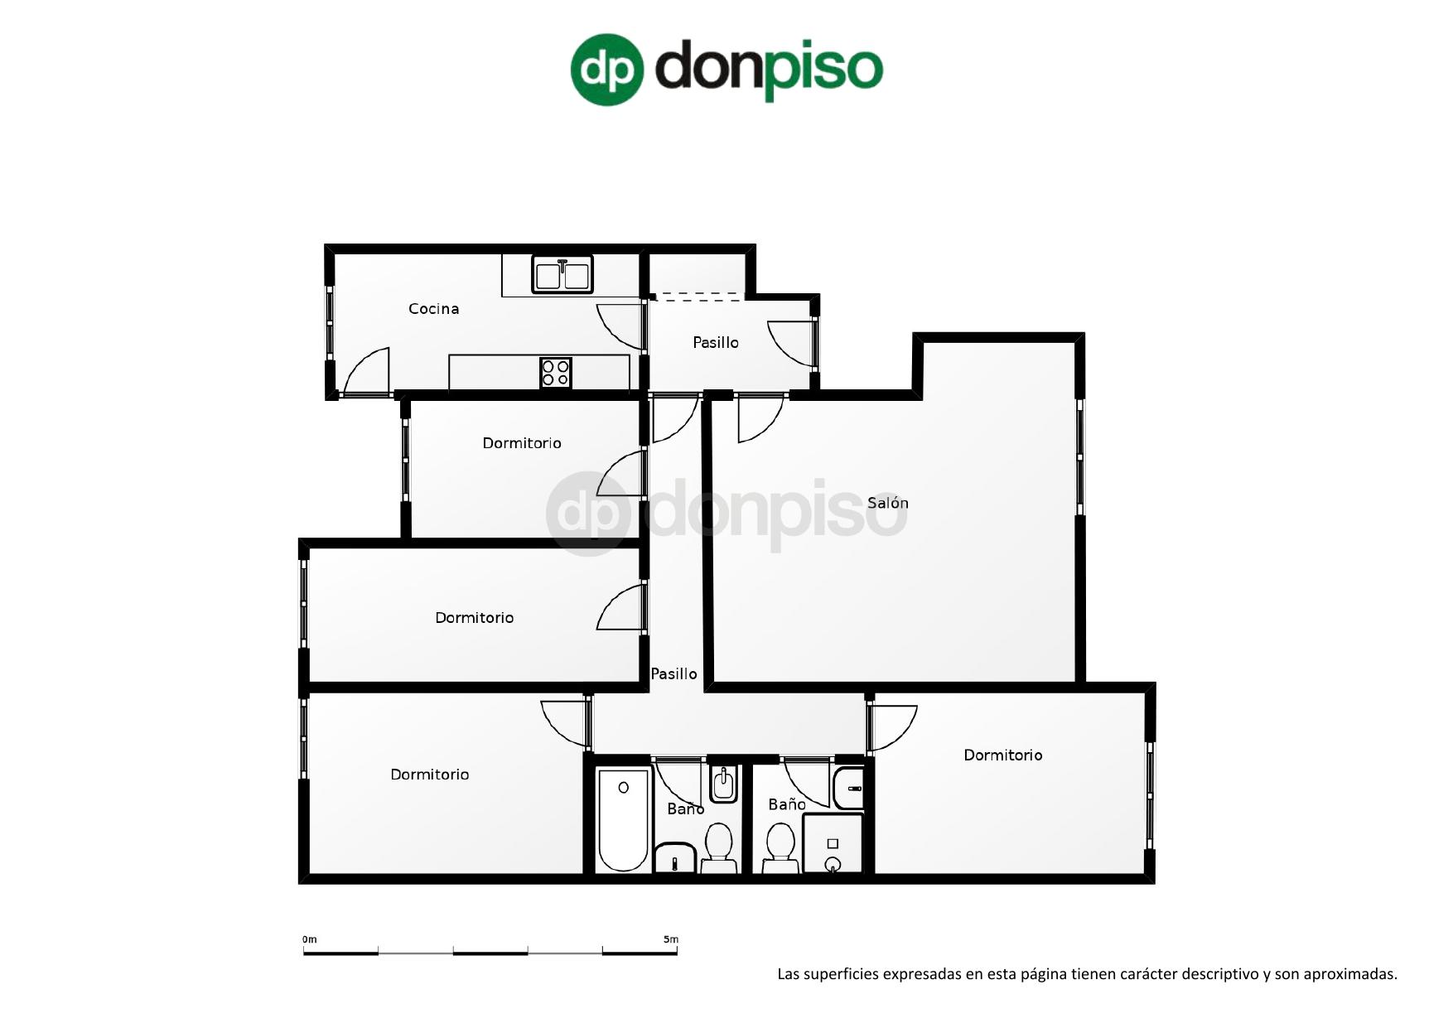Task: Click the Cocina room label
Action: [433, 309]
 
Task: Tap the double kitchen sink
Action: [562, 275]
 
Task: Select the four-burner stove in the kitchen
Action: [556, 373]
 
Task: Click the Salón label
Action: [887, 503]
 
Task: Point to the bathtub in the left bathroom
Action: [623, 820]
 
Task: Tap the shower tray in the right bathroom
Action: [833, 843]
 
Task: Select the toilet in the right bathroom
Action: [780, 847]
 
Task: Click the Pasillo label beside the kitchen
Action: [715, 342]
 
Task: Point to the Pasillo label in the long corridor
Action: [673, 674]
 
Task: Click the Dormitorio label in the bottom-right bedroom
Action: [1002, 755]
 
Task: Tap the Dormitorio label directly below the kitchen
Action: [522, 443]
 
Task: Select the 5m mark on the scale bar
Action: [671, 939]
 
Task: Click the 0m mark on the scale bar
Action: [310, 939]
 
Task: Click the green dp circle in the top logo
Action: [607, 70]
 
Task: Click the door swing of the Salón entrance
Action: [758, 419]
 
